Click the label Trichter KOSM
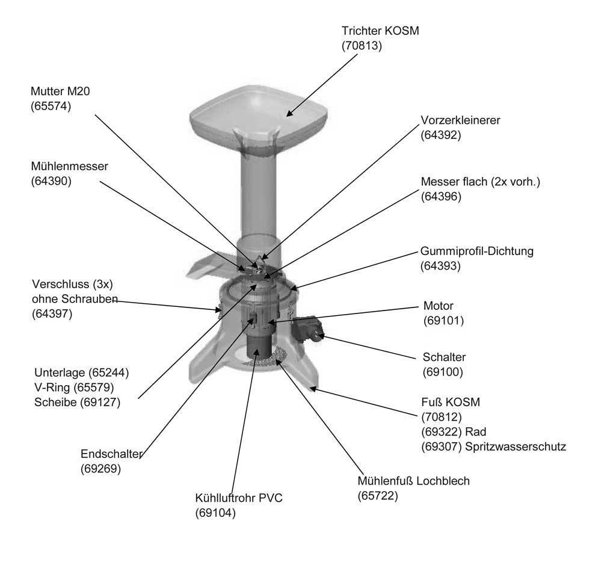point(380,31)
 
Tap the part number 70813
point(362,45)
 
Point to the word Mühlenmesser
point(69,166)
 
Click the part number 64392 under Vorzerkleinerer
point(440,135)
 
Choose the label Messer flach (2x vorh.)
point(480,181)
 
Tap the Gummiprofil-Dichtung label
point(476,251)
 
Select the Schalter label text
point(444,357)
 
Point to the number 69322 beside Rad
point(440,431)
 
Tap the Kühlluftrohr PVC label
point(238,498)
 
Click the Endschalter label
point(111,454)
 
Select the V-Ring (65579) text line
point(77,387)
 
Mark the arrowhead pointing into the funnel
point(289,113)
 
